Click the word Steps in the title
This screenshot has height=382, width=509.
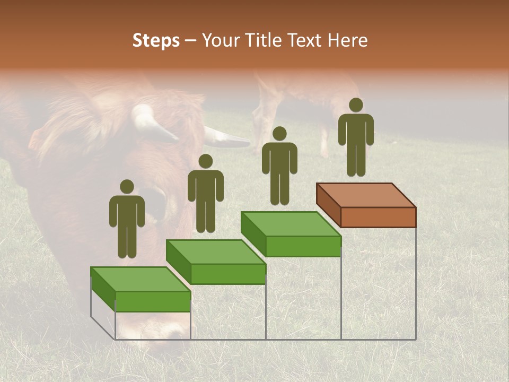[x=156, y=40]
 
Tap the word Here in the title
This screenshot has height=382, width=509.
[x=348, y=40]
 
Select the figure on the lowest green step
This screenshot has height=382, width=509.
[x=127, y=219]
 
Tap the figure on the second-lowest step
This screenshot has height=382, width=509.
[x=205, y=193]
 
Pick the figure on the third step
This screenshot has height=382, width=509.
[x=279, y=166]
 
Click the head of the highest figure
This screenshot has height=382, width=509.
[x=356, y=105]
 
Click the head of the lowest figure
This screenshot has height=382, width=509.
[x=127, y=187]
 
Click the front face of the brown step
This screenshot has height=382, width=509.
[x=378, y=217]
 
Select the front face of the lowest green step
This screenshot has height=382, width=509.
[x=153, y=301]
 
